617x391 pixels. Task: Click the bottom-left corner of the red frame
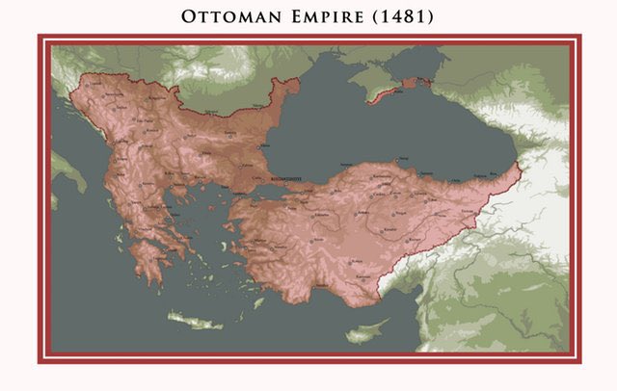tap(40, 361)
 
